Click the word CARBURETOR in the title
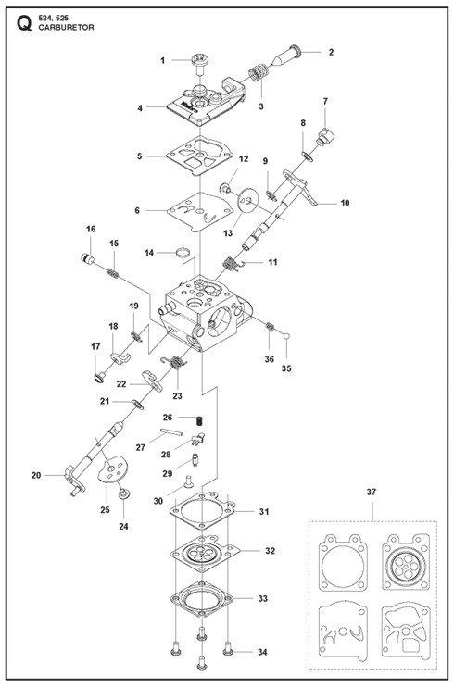[66, 27]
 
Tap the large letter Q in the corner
[24, 24]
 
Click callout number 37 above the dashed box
[372, 492]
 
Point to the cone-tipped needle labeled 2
[285, 55]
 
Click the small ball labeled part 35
[287, 336]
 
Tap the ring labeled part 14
[183, 253]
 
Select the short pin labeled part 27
[171, 432]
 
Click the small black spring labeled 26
[199, 420]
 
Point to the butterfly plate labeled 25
[112, 468]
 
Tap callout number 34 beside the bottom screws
[262, 653]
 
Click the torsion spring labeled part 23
[174, 362]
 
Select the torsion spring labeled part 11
[231, 264]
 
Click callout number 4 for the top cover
[140, 107]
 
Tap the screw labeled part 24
[123, 493]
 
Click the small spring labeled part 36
[270, 327]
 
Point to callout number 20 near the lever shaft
[36, 475]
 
